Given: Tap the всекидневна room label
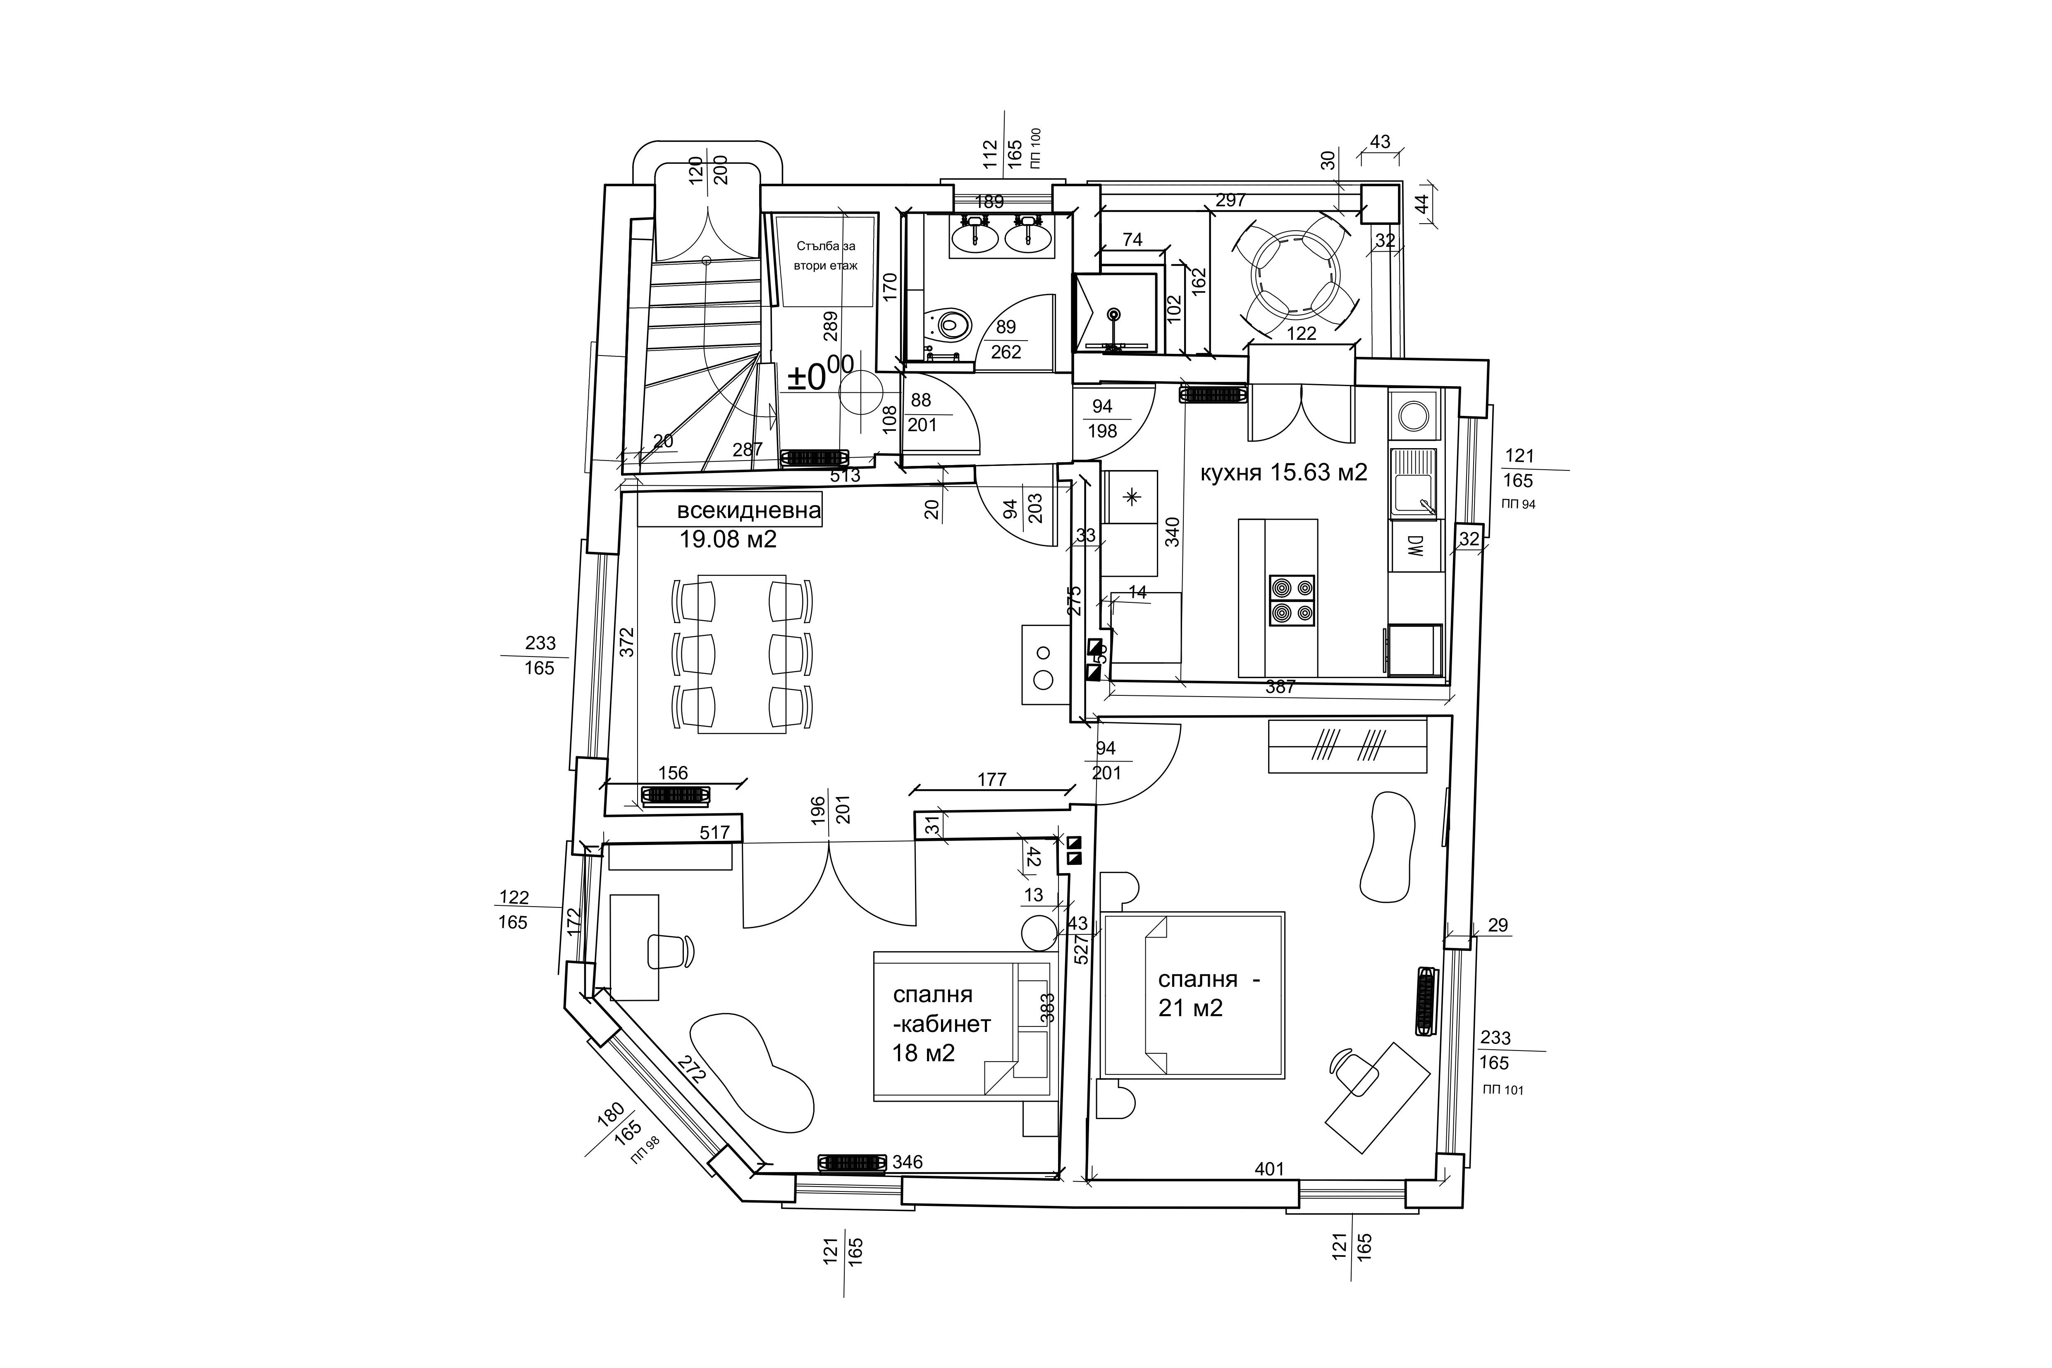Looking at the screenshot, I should click(x=748, y=511).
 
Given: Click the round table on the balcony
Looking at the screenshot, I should click(x=1294, y=273).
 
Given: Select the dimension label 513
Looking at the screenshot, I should click(x=845, y=475).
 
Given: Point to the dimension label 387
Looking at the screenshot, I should click(x=1280, y=687).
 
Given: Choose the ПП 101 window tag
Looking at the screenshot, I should click(x=1503, y=1090).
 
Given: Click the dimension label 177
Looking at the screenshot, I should click(x=992, y=779).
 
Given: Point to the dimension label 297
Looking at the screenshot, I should click(x=1230, y=200).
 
